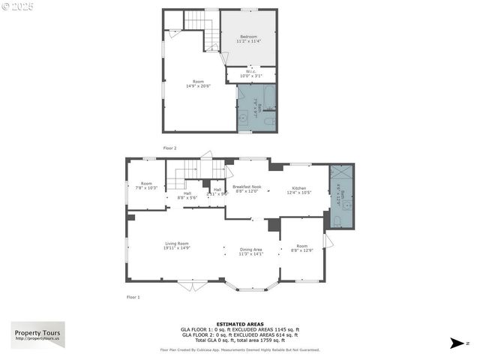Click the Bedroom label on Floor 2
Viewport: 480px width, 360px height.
pyautogui.click(x=248, y=37)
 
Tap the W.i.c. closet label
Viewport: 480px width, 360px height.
pyautogui.click(x=251, y=73)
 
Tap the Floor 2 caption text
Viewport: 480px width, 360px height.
pyautogui.click(x=170, y=148)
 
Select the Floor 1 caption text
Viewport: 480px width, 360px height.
pyautogui.click(x=133, y=298)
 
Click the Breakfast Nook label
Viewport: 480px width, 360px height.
pyautogui.click(x=247, y=187)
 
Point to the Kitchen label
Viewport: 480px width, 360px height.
pyautogui.click(x=299, y=188)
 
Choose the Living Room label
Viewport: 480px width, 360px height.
pyautogui.click(x=177, y=244)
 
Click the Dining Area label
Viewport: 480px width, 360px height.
pyautogui.click(x=250, y=250)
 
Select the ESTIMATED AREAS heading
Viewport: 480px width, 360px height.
pyautogui.click(x=240, y=324)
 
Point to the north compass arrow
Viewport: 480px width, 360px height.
pyautogui.click(x=457, y=343)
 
